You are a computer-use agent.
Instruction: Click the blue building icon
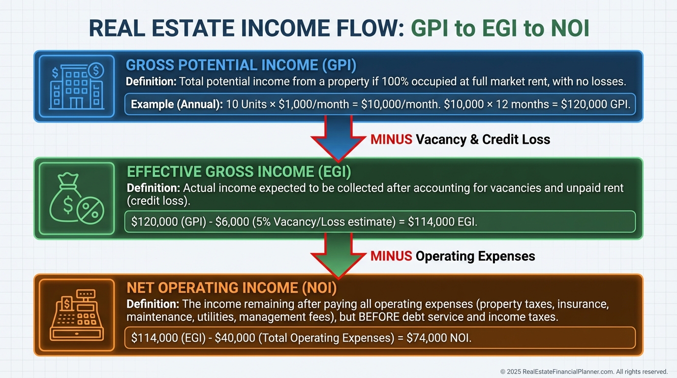pos(77,86)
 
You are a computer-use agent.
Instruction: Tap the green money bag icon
pos(77,198)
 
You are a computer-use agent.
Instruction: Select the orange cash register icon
pos(77,315)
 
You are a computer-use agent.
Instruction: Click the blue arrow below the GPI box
pos(338,138)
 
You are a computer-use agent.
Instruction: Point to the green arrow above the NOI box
pos(338,255)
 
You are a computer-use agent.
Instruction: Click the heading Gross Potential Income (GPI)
pos(241,65)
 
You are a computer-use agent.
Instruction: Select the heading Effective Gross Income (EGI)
pos(239,171)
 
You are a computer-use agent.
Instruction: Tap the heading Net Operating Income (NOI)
pos(232,287)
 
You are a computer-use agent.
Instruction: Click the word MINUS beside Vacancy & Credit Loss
pos(391,139)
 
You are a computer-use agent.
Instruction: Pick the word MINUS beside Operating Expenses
pos(391,256)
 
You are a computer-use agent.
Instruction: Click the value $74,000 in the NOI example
pos(427,338)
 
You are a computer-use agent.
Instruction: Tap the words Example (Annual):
pos(177,104)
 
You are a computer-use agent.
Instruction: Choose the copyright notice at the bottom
pos(584,372)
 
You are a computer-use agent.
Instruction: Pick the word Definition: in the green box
pos(153,188)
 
